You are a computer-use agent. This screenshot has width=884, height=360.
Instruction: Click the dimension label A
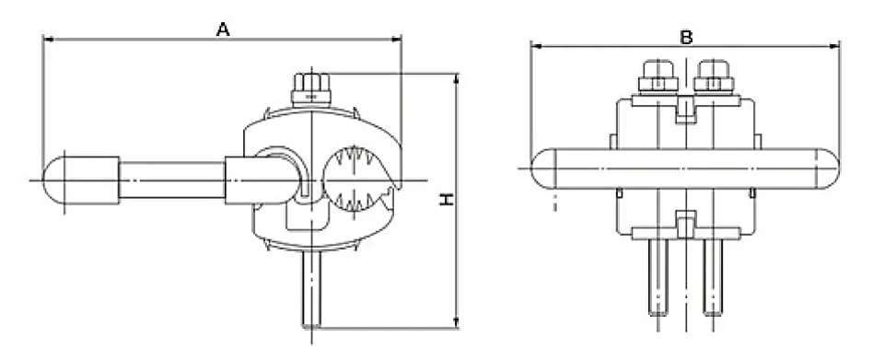click(x=223, y=29)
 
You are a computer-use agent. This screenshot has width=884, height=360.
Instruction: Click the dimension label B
click(x=686, y=37)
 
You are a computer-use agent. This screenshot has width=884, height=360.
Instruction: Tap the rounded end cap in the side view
click(x=53, y=180)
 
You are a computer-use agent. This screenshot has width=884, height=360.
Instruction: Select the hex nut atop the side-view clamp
click(x=311, y=89)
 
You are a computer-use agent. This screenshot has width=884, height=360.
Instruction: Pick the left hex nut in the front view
click(x=657, y=76)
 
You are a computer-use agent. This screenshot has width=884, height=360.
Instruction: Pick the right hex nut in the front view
click(x=713, y=76)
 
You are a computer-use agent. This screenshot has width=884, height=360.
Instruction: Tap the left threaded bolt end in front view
click(x=658, y=277)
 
